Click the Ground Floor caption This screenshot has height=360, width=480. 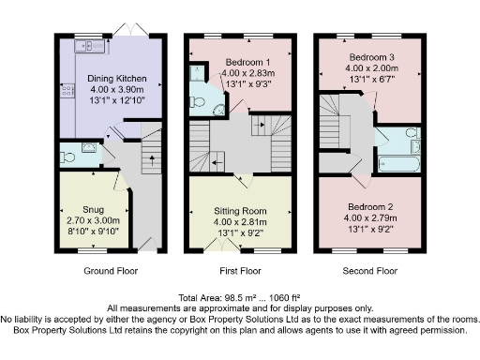click(110, 272)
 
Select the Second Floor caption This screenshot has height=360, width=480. click(373, 272)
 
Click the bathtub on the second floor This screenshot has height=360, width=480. click(399, 163)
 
